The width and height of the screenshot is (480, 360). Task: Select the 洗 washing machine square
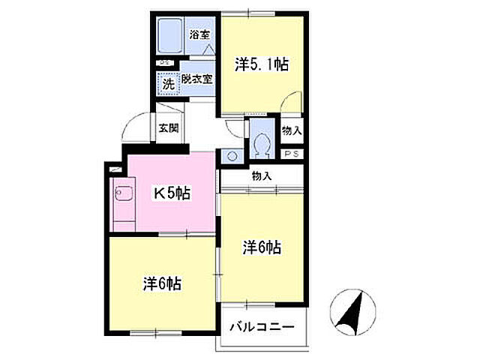coord(169,82)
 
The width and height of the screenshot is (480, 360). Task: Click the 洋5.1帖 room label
coord(261,65)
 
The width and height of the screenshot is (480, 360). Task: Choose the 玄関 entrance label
coord(168,127)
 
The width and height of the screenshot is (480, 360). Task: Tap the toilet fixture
coord(262,142)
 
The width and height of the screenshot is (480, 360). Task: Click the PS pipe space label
coord(292,154)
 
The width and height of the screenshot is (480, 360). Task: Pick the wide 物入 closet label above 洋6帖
coord(261,176)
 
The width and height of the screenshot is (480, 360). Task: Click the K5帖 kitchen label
coord(172,193)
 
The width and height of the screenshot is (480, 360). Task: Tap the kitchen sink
coord(122,196)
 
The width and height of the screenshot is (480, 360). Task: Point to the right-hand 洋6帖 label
coord(261,247)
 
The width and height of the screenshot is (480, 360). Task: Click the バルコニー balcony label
coord(262,327)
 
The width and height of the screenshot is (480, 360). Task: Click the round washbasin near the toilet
coord(232,157)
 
